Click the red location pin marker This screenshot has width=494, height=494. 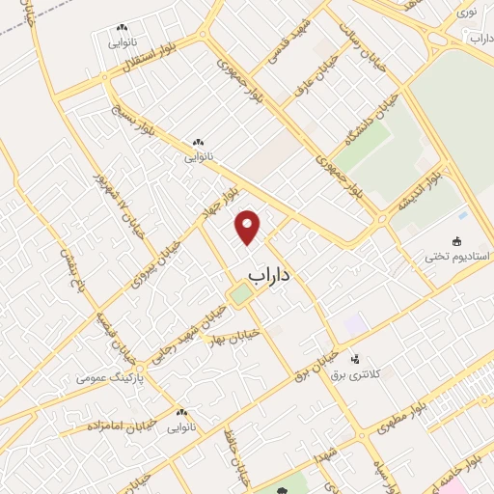(x=249, y=226)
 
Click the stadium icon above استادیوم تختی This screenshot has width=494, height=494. (x=457, y=241)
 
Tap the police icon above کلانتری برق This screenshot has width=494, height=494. (x=354, y=358)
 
